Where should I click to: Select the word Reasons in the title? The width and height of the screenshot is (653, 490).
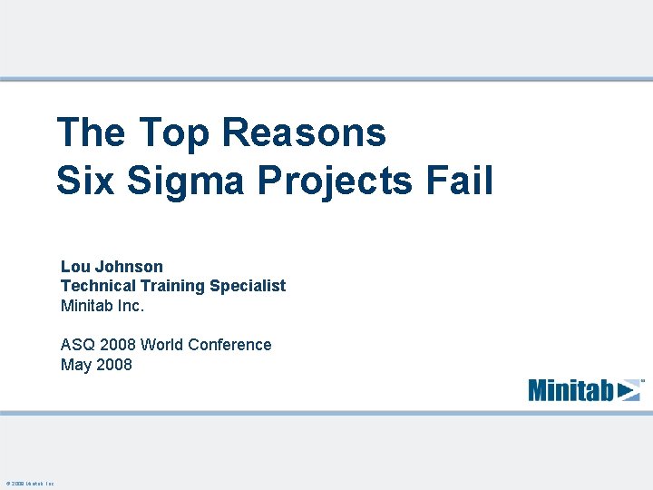[303, 132]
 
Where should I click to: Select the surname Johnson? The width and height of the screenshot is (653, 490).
[129, 267]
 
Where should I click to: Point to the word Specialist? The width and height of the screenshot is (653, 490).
[247, 286]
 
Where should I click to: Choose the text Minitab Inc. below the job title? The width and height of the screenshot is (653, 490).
[102, 306]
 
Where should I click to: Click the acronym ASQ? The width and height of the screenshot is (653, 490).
[77, 345]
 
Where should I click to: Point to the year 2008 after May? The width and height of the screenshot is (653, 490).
[113, 365]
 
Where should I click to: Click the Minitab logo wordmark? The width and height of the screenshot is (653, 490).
[571, 390]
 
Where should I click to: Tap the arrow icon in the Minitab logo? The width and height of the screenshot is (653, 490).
[629, 390]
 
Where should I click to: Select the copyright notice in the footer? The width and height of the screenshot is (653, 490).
[30, 484]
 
